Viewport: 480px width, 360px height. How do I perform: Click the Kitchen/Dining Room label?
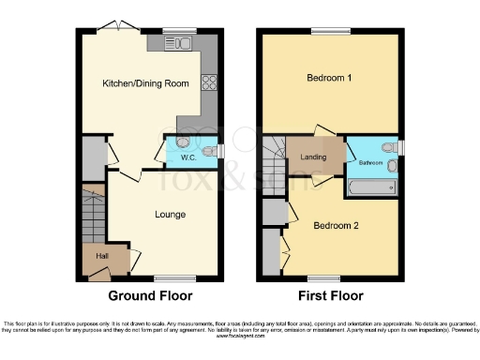pos(145,83)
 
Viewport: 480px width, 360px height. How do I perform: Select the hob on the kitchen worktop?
pos(207,82)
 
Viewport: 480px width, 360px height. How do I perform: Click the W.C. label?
pos(188,157)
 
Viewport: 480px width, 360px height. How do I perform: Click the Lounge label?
pos(170,215)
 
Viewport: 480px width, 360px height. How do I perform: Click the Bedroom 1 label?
pos(329,79)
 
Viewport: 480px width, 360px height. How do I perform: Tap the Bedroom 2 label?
pos(336,226)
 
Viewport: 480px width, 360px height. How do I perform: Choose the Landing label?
pos(313,157)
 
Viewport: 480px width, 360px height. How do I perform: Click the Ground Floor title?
pos(150,295)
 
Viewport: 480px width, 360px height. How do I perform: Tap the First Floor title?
pos(330,295)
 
